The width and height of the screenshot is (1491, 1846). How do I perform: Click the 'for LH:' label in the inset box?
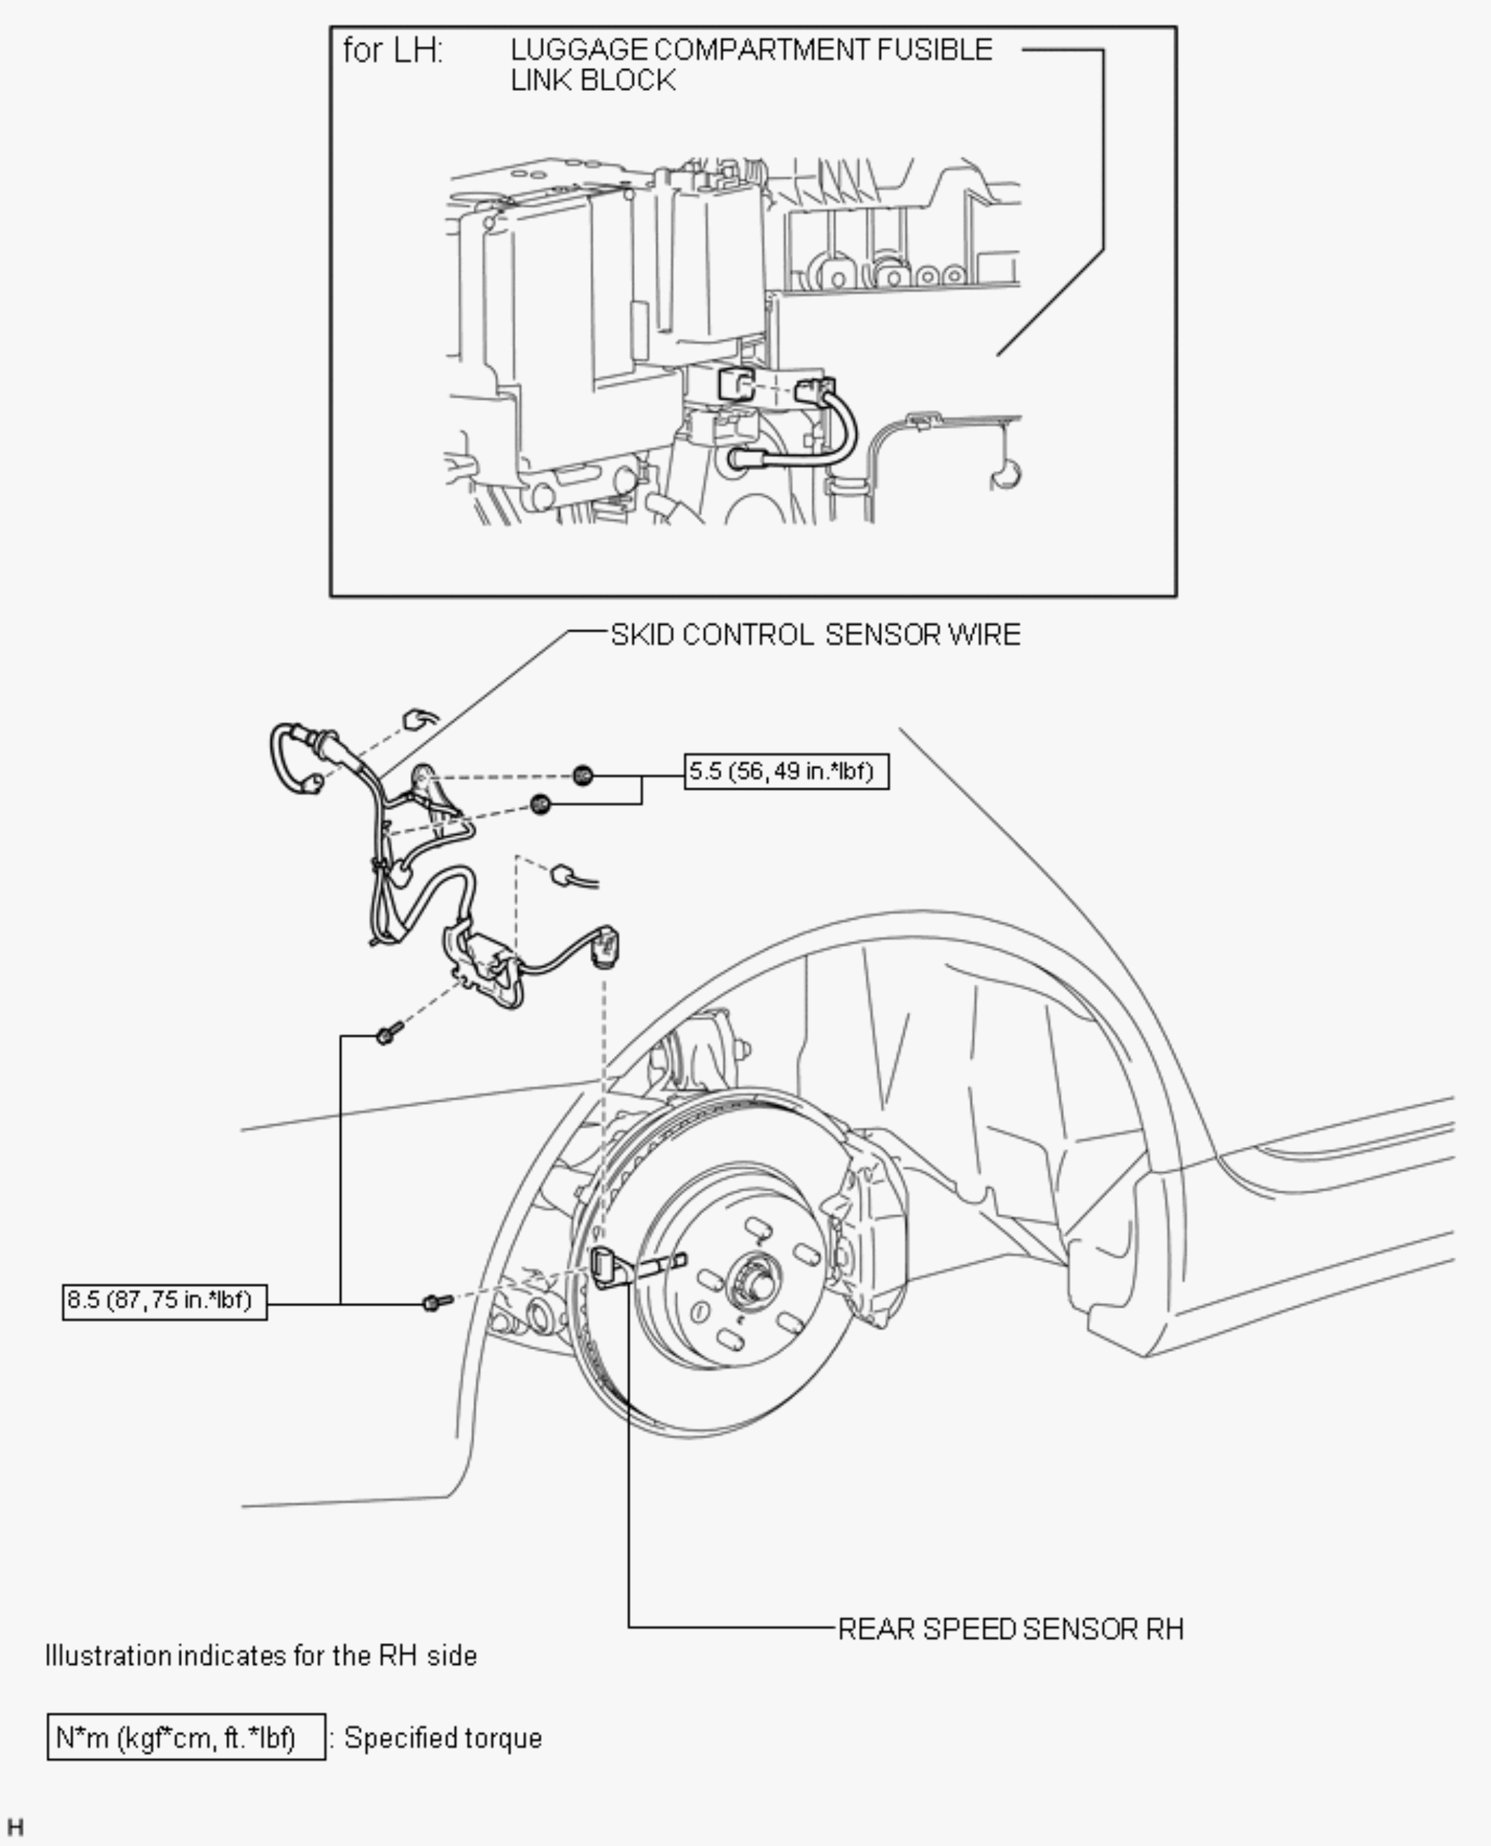point(393,50)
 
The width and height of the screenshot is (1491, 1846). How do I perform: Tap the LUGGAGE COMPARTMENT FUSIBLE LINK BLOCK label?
point(752,64)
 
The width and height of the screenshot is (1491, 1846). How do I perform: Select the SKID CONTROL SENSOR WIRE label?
point(815,635)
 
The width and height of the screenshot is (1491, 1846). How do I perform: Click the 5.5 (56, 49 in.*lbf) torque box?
point(787,771)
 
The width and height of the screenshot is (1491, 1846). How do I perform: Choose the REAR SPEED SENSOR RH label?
point(1010,1629)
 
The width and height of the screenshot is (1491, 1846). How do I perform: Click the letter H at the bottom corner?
point(15,1827)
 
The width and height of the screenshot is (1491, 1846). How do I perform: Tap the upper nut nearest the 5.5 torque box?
point(582,775)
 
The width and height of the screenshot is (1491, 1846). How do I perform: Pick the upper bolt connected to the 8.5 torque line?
point(388,1033)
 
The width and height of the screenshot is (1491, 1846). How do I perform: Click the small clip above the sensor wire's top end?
point(420,719)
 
